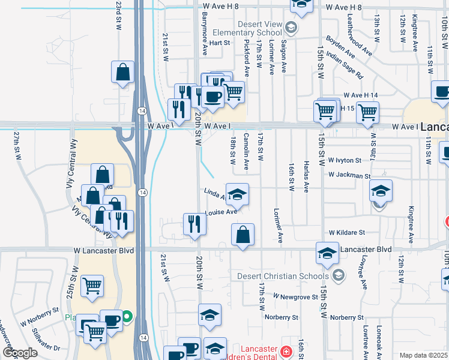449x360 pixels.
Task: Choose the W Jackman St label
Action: (349, 176)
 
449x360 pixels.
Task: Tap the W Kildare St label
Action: (346, 232)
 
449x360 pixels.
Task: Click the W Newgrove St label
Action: (294, 296)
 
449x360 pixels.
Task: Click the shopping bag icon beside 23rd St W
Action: (122, 73)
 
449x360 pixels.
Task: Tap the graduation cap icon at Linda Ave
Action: (238, 194)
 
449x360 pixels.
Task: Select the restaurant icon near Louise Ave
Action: (194, 224)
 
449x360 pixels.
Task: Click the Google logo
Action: (20, 353)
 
